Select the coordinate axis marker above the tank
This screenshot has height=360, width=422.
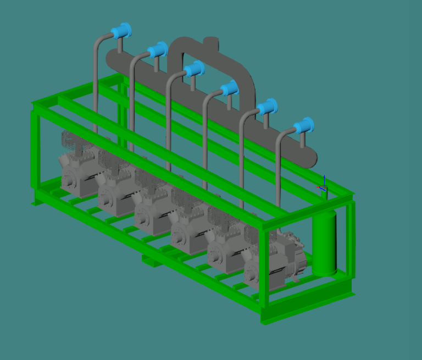point(323,185)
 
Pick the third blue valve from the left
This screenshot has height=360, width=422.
point(195,69)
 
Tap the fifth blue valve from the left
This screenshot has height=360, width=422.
point(267,107)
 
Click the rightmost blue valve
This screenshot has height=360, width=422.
point(303,126)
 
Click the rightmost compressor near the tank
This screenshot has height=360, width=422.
point(272,264)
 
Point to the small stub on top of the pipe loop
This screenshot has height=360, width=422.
point(210,42)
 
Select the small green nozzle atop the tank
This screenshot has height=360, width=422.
point(324,193)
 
